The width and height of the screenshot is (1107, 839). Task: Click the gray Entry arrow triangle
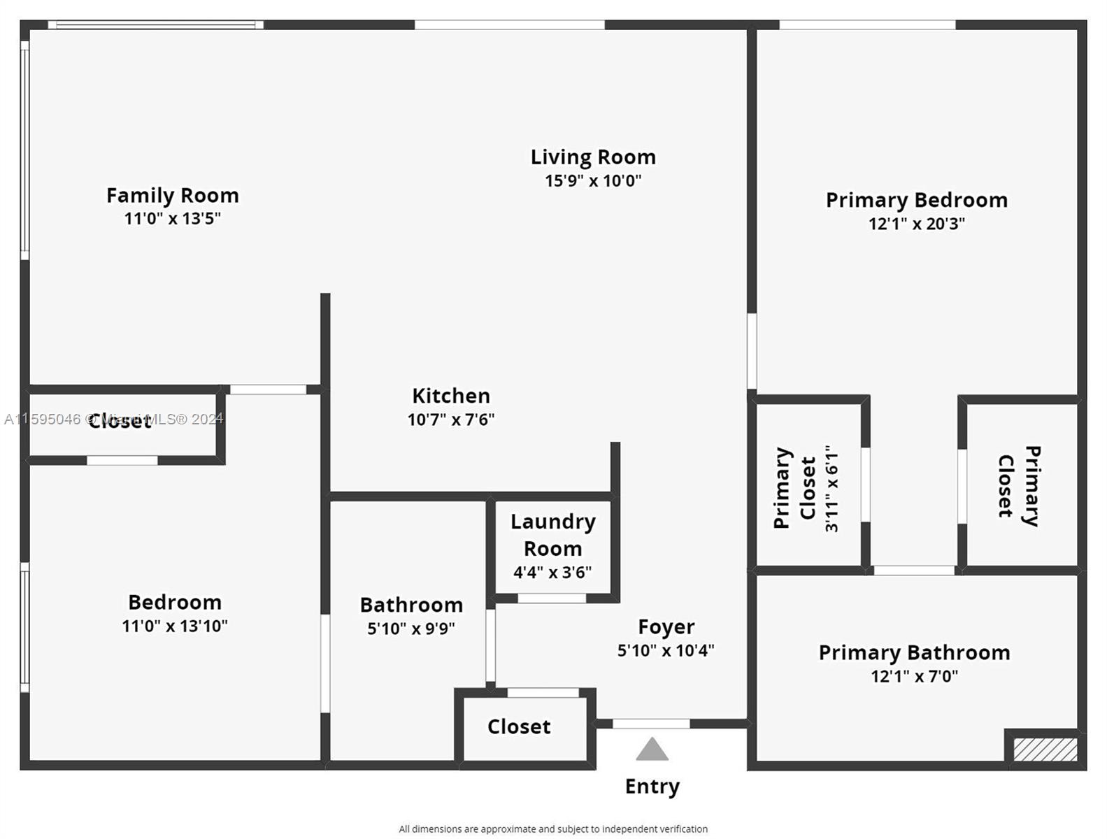652,750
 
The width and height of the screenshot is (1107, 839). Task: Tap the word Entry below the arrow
652,787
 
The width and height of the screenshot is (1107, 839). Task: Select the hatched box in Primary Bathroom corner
1045,750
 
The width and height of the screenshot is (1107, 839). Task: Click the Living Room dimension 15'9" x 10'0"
593,180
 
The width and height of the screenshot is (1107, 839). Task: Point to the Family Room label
173,195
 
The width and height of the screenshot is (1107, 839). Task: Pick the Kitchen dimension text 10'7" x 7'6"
451,419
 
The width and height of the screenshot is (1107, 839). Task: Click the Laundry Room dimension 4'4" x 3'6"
552,573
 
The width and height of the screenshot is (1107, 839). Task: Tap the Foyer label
666,626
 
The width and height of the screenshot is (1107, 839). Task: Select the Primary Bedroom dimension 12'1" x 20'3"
916,223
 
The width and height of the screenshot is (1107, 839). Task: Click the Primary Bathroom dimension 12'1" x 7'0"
915,676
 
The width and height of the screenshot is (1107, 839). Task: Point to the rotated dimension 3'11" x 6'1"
831,488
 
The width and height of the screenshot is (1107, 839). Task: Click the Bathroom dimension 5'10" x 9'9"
411,629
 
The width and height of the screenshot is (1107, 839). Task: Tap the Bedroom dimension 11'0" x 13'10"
175,626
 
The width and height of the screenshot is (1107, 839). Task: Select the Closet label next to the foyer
519,726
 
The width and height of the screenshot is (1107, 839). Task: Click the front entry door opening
651,724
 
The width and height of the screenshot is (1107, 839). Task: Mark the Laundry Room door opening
552,598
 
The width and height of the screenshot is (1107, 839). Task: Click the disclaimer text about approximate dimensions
553,829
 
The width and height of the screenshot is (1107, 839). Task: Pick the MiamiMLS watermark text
113,419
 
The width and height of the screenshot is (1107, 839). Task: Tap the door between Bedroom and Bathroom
325,664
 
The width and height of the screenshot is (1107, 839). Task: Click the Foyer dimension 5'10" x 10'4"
666,650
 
